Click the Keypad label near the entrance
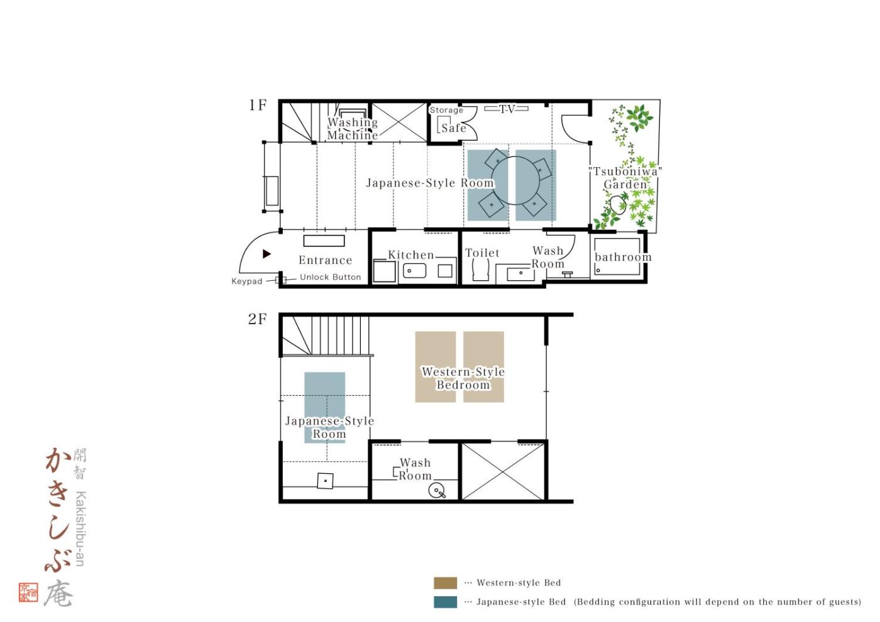(x=246, y=281)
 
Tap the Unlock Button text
(x=330, y=277)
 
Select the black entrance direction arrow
(x=267, y=254)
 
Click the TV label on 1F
(x=507, y=108)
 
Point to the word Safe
(x=454, y=128)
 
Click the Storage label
(x=446, y=110)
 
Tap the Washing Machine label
(x=353, y=128)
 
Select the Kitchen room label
(x=411, y=254)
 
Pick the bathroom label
(x=623, y=257)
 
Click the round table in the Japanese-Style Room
(x=516, y=180)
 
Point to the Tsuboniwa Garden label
(x=625, y=177)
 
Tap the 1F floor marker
(x=258, y=105)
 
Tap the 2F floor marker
(x=257, y=319)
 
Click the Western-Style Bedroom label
(x=463, y=378)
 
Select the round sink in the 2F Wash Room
(x=436, y=491)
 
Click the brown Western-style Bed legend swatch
(x=445, y=583)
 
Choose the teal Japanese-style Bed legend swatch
(x=445, y=602)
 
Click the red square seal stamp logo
(x=28, y=592)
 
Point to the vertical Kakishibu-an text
(x=80, y=528)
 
